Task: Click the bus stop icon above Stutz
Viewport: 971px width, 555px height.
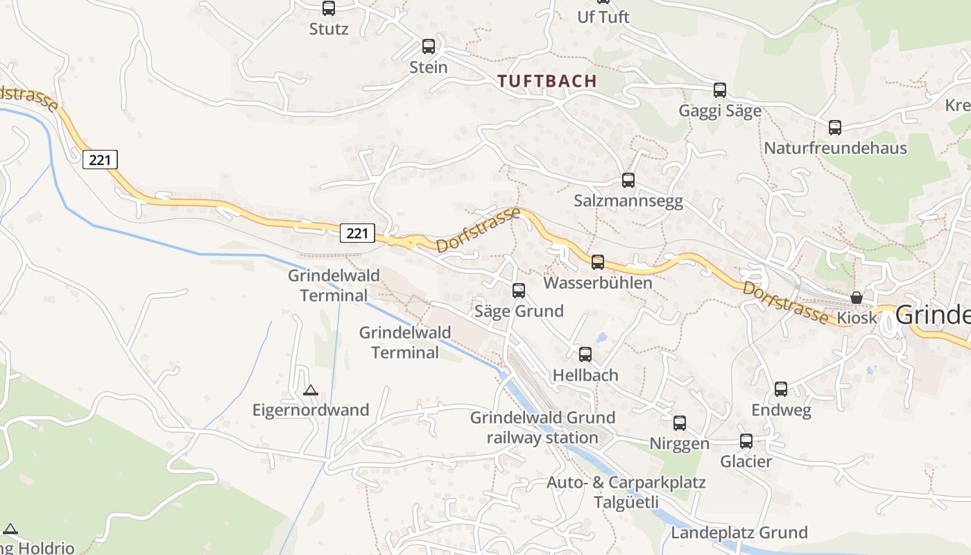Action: click(x=329, y=8)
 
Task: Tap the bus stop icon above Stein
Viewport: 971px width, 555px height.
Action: click(x=429, y=46)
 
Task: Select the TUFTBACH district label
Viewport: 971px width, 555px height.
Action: click(x=547, y=81)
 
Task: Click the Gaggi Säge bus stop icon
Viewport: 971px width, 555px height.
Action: click(x=720, y=89)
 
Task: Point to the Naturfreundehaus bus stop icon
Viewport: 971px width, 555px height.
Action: click(x=835, y=128)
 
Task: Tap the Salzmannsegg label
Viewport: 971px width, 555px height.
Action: click(x=628, y=201)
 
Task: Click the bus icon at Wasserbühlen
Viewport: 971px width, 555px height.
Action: click(x=598, y=262)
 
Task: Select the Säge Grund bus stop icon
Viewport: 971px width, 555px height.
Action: click(x=519, y=291)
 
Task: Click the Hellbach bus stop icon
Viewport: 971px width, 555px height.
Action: click(x=585, y=355)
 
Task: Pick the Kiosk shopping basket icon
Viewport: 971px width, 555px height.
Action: click(x=857, y=298)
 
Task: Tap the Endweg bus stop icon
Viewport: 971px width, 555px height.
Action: click(x=781, y=389)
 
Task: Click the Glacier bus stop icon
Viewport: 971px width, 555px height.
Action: click(x=746, y=441)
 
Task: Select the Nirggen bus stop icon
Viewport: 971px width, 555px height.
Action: click(x=680, y=422)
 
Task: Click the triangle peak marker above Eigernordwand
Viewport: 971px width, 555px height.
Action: click(x=311, y=391)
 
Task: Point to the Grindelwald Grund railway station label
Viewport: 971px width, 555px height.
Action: click(x=542, y=427)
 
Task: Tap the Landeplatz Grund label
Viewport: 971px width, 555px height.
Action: click(x=739, y=533)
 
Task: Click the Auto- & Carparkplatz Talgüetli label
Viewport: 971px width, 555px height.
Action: click(x=626, y=492)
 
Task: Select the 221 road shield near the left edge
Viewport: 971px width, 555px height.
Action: click(x=100, y=160)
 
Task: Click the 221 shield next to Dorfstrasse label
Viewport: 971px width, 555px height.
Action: click(x=357, y=233)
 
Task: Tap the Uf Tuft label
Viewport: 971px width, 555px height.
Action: click(x=603, y=17)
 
